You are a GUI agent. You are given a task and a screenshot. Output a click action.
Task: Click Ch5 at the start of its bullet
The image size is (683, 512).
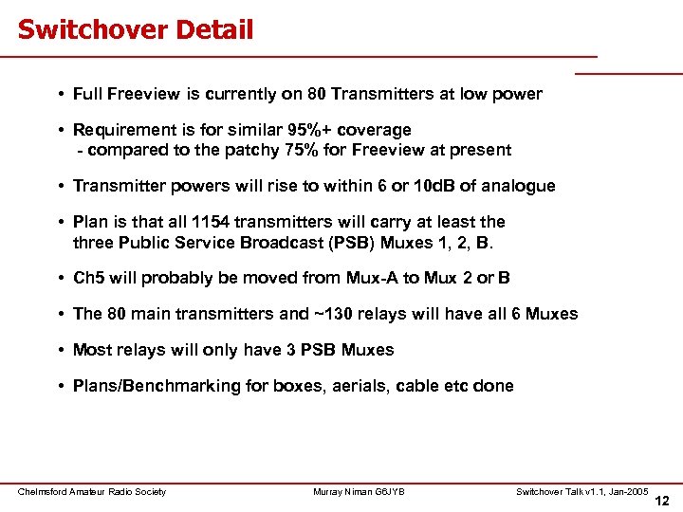88,278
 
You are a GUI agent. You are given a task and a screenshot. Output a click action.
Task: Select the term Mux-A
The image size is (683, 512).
369,278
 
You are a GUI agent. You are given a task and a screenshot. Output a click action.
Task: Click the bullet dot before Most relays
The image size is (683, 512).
60,350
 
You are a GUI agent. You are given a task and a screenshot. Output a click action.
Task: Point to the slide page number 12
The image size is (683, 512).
661,500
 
